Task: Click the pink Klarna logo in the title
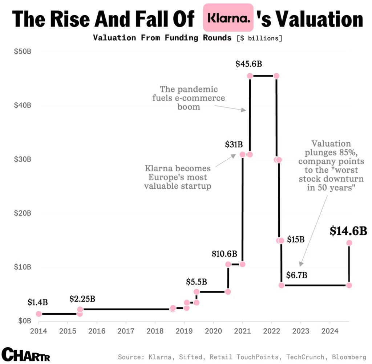coord(228,17)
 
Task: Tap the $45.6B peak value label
coord(248,64)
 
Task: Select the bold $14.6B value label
coord(348,231)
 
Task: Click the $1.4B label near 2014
coord(37,302)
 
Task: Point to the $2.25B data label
coord(82,299)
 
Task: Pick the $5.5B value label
coord(197,281)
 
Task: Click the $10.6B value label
coord(225,254)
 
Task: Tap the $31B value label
coord(234,145)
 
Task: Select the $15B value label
coord(295,240)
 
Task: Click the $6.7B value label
coord(297,275)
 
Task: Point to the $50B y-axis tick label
coord(23,52)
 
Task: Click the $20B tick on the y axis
coord(23,213)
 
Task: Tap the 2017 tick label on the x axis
coord(126,331)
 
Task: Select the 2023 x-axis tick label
coord(300,331)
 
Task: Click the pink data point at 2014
coord(39,314)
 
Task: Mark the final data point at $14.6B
coord(349,243)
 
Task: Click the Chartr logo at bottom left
coord(26,354)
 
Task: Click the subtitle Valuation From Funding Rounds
coord(162,38)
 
